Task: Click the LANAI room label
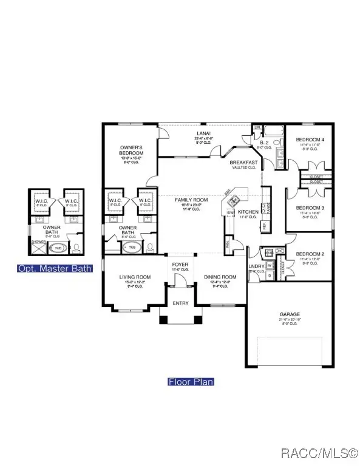point(203,132)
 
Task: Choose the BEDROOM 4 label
point(310,140)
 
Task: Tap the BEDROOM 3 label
point(310,208)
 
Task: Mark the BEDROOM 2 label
point(310,255)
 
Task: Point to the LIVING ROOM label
point(134,277)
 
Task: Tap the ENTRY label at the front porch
point(181,303)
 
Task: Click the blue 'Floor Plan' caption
point(191,382)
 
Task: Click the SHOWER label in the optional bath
point(38,241)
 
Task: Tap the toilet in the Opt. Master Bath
point(76,248)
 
